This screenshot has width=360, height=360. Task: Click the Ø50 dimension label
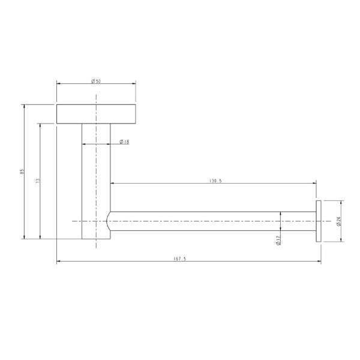click(96, 82)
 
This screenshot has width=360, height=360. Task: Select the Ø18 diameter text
click(124, 142)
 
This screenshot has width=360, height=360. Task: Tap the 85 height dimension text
click(22, 172)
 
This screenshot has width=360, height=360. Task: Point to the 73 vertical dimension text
click(37, 181)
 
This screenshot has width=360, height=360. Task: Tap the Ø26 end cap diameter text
click(340, 221)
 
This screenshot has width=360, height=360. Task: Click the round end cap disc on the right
click(317, 221)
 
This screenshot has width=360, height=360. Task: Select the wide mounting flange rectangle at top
click(96, 113)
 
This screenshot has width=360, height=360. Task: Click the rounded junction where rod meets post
click(109, 221)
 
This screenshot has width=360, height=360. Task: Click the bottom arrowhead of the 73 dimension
click(41, 238)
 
